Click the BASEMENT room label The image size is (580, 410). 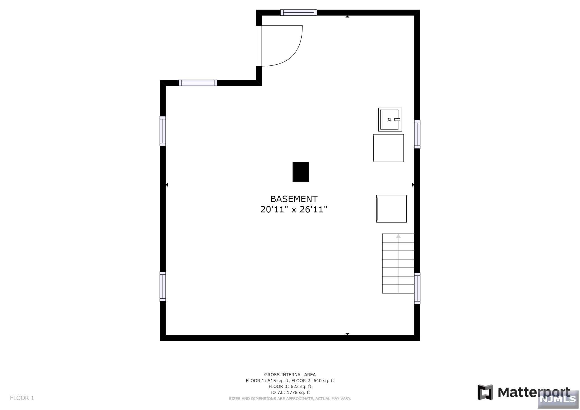click(x=294, y=199)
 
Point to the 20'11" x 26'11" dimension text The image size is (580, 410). click(x=294, y=209)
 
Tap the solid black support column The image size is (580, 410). click(x=301, y=172)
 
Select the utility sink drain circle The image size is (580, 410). click(x=389, y=120)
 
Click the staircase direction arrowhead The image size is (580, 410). click(x=398, y=236)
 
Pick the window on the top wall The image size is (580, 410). click(x=298, y=12)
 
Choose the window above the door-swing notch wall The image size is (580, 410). click(x=198, y=83)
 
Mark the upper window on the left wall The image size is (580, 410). click(x=163, y=131)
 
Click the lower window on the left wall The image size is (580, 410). click(x=163, y=287)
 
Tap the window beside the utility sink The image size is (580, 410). click(x=417, y=134)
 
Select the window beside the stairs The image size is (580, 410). click(x=417, y=289)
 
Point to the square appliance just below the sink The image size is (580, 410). click(x=388, y=148)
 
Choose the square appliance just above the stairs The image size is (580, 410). click(x=391, y=209)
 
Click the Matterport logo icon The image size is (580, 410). click(x=485, y=392)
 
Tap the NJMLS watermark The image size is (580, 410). click(x=558, y=399)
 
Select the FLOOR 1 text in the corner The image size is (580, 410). click(x=22, y=398)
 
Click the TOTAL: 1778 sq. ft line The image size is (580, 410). click(x=290, y=392)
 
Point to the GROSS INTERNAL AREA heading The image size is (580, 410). click(x=290, y=375)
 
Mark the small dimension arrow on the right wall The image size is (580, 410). click(x=413, y=185)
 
